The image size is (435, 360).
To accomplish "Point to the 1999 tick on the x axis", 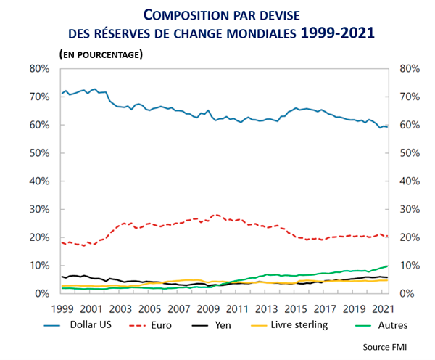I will pos(62,308).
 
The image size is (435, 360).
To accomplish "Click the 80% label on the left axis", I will pos(38,68).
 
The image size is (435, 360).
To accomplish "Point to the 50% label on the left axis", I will pos(38,153).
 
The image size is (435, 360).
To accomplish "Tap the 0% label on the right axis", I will pos(407,294).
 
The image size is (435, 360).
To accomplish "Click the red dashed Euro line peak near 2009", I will pos(215,214).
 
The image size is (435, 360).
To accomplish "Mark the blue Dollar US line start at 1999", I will pos(62,94).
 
